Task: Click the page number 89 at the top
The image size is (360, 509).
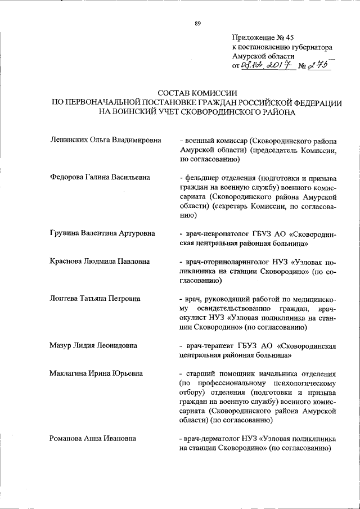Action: pyautogui.click(x=197, y=23)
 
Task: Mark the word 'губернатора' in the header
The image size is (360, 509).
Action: pyautogui.click(x=312, y=48)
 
